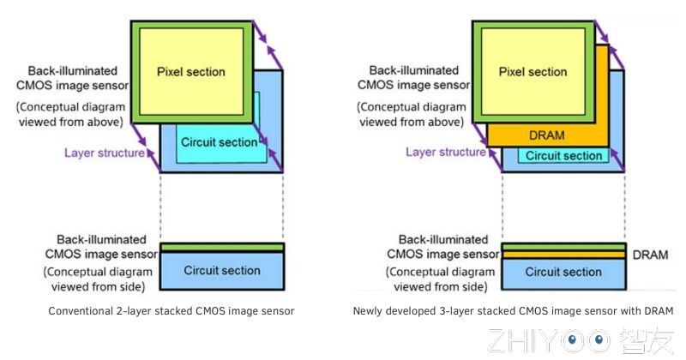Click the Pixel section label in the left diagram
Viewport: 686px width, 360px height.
click(190, 72)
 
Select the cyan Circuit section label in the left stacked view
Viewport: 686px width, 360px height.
click(220, 141)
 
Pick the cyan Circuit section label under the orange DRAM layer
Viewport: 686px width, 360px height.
click(563, 156)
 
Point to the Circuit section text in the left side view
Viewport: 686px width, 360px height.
click(222, 271)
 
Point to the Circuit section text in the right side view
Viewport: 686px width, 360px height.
click(563, 272)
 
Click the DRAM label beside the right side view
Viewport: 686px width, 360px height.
click(650, 255)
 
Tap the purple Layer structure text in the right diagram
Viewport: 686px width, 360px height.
click(445, 152)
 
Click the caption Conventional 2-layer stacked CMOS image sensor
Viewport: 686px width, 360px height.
click(171, 310)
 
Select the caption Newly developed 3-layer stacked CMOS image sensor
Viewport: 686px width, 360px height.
click(513, 310)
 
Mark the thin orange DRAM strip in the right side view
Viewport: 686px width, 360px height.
click(563, 255)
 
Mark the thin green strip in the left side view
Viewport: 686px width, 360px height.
click(222, 249)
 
